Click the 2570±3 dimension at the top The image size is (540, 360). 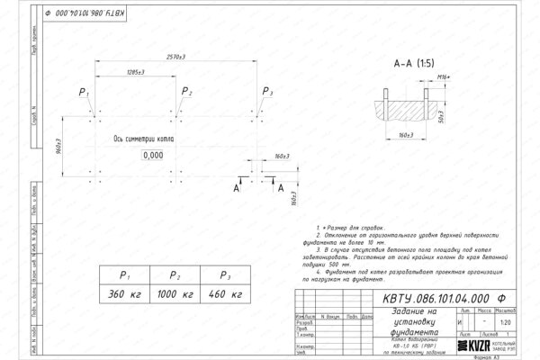pos(176,57)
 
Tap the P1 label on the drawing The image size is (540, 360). pos(84,93)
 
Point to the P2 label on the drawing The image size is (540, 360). pos(186,92)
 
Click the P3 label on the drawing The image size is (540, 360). pos(266,92)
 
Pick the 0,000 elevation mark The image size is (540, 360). pos(153,155)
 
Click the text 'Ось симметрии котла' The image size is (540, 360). pos(145,139)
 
